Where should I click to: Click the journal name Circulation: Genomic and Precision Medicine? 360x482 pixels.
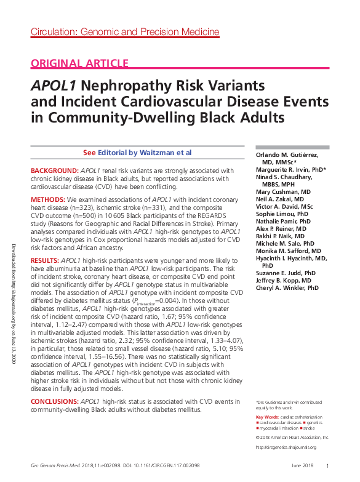click(x=124, y=32)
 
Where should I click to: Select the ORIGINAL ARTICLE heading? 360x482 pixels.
click(x=79, y=63)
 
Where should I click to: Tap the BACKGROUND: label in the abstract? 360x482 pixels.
click(x=54, y=171)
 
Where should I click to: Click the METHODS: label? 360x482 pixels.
click(x=48, y=200)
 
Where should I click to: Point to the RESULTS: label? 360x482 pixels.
click(x=45, y=261)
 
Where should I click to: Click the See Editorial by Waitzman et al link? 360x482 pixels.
click(x=137, y=152)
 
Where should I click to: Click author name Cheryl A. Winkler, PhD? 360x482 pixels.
click(x=287, y=287)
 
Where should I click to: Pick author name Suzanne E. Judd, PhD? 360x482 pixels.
click(x=286, y=273)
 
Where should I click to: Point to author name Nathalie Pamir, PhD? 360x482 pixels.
click(x=283, y=221)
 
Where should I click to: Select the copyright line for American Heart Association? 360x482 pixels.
click(x=292, y=437)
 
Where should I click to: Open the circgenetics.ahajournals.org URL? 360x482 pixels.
click(x=286, y=447)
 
